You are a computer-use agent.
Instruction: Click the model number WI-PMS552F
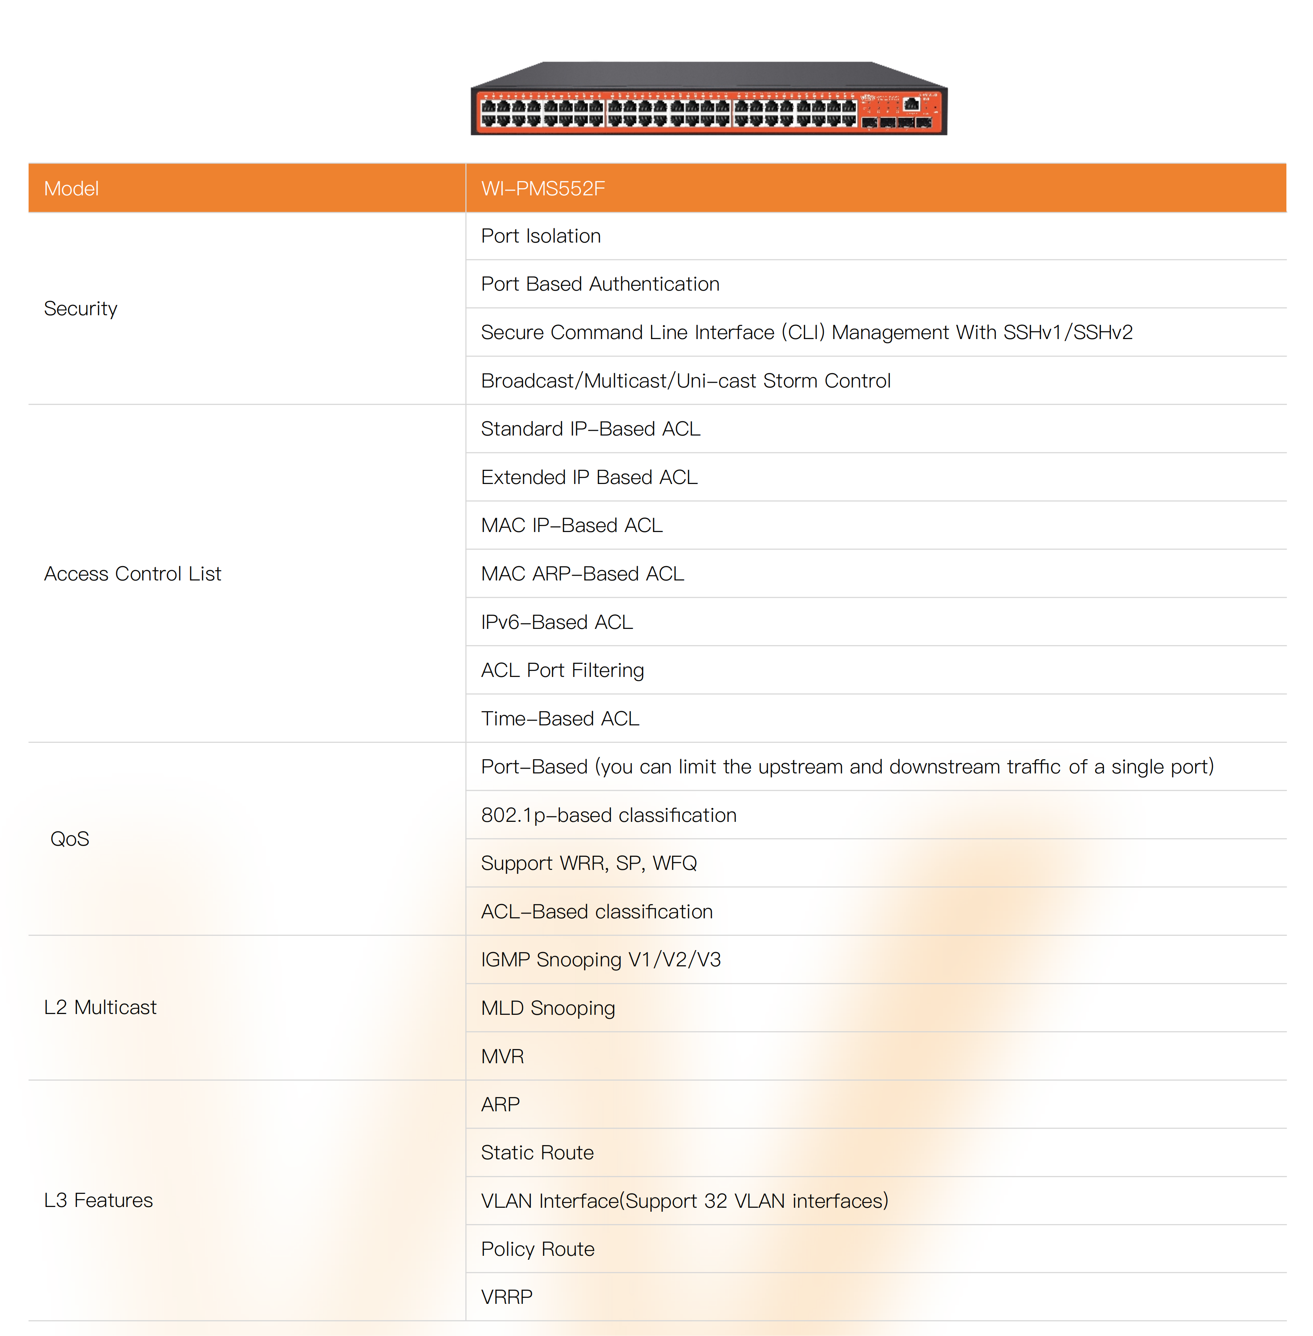[543, 188]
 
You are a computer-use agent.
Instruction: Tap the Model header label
[71, 188]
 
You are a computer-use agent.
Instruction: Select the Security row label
[81, 308]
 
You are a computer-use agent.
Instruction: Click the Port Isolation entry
[541, 236]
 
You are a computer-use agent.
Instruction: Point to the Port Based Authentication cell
[600, 284]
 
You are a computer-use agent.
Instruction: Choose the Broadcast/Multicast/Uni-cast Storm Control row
[685, 381]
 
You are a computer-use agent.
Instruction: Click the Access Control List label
[132, 574]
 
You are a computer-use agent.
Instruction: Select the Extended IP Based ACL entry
[589, 477]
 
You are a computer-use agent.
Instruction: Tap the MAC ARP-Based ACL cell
[582, 574]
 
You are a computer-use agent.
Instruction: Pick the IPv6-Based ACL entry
[557, 622]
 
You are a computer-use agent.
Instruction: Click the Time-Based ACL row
[560, 719]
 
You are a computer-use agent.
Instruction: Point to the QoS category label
[69, 839]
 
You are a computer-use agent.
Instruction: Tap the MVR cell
[503, 1056]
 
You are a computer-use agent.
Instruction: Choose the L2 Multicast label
[100, 1008]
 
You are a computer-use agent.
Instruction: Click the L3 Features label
[98, 1200]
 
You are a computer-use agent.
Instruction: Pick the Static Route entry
[537, 1153]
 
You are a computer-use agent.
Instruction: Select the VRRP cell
[507, 1297]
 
